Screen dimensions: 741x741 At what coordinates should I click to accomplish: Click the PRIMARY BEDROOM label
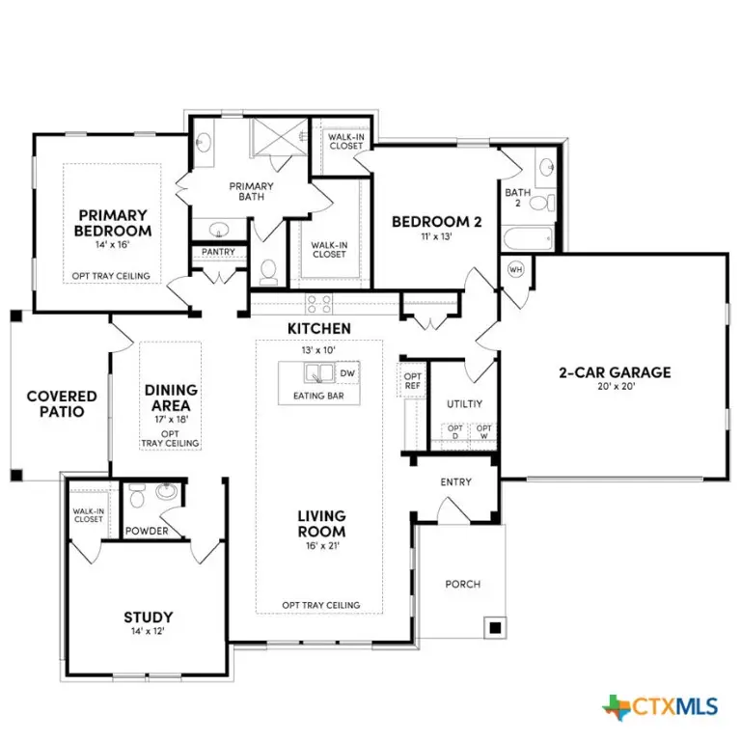point(113,223)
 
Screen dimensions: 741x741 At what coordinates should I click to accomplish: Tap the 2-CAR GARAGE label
point(615,372)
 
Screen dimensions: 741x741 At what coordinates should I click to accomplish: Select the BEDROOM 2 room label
point(436,222)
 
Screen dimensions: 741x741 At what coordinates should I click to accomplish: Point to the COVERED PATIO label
point(62,403)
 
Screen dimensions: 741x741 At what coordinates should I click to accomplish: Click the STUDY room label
point(148,617)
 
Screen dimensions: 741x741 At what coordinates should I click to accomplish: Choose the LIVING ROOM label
point(321,524)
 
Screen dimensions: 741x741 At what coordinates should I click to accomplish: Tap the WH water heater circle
point(515,269)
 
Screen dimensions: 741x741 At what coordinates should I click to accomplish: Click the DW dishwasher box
point(347,373)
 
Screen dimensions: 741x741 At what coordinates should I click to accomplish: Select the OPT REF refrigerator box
point(413,380)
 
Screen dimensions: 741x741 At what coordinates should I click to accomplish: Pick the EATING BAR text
point(318,396)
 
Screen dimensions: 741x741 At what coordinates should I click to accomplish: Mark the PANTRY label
point(219,252)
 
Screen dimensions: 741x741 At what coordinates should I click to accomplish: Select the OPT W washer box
point(483,432)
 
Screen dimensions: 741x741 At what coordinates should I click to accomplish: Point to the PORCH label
point(462,584)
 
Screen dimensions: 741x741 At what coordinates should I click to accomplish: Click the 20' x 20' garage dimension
point(615,389)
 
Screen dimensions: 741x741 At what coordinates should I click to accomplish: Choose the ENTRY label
point(455,481)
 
